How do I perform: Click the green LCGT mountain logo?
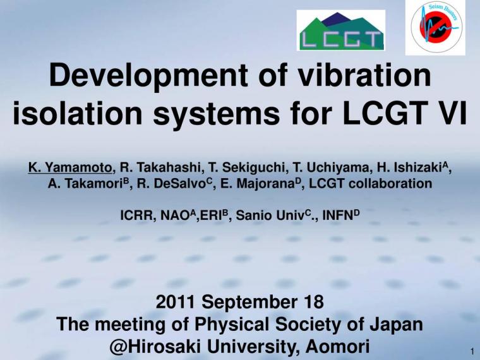341,30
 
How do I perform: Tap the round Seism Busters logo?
435,28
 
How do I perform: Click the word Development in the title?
148,75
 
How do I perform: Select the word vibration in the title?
364,75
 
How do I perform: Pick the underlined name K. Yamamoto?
70,167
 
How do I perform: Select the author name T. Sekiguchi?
249,167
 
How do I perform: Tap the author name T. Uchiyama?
332,167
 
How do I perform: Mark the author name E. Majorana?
258,183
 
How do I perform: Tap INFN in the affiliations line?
338,215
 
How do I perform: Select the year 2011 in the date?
176,301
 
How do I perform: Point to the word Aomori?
337,347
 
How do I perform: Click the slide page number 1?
472,351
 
